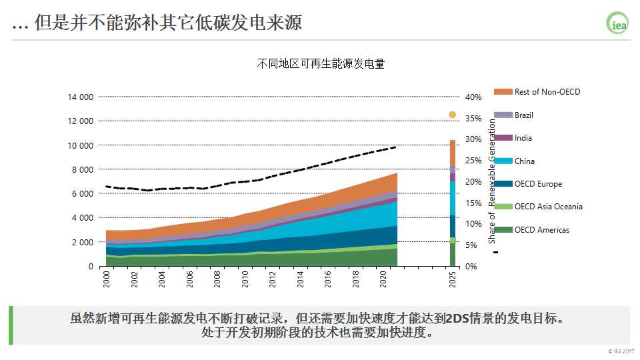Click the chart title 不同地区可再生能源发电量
[321, 65]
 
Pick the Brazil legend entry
[523, 115]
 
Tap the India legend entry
[523, 138]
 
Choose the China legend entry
[524, 161]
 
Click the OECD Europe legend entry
[538, 184]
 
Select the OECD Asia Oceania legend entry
[548, 207]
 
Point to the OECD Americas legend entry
[541, 230]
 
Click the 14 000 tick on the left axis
[81, 97]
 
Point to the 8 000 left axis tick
[83, 169]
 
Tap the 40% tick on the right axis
[473, 97]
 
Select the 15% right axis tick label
[473, 203]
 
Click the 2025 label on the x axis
[452, 279]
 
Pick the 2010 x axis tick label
[245, 279]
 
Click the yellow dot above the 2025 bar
[452, 115]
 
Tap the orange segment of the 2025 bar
[452, 153]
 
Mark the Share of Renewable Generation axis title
[493, 181]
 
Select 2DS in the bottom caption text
[459, 317]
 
